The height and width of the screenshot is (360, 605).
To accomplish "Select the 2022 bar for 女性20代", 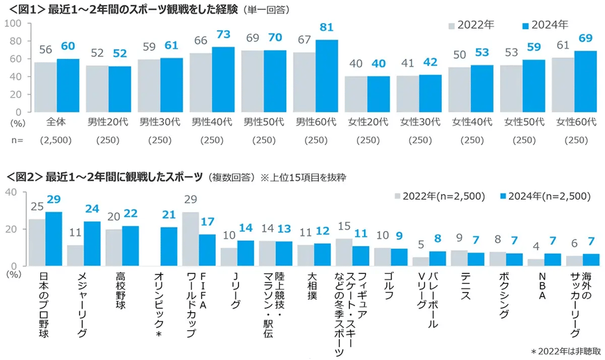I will pos(356,94).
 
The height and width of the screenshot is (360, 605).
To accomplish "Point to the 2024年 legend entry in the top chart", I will pos(545,25).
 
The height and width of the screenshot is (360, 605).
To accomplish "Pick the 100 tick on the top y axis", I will pos(14,23).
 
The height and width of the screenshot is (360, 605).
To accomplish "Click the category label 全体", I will pos(56,122).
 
